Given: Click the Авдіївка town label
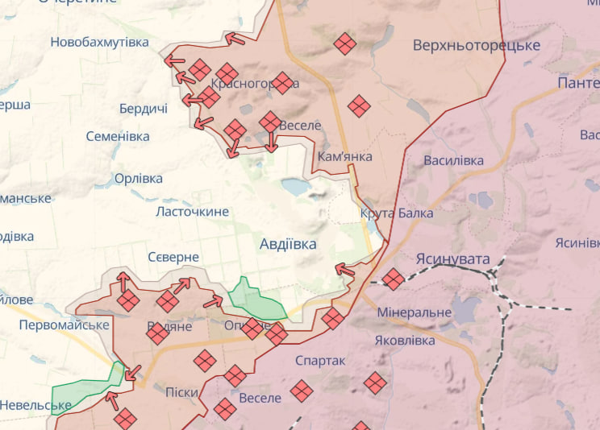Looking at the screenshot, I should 288,243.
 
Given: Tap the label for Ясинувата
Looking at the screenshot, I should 452,259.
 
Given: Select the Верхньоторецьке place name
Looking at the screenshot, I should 476,45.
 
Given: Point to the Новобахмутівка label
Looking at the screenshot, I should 99,42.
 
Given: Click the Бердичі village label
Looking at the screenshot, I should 143,109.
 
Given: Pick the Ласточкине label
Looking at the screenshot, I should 192,212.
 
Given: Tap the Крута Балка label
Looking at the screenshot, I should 397,213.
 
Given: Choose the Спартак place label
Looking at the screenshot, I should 320,361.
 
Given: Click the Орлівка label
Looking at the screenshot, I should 138,179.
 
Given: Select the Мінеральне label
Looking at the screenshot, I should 414,312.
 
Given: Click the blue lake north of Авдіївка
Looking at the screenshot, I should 295,187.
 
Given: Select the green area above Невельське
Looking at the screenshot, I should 85,389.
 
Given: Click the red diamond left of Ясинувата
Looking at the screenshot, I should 393,279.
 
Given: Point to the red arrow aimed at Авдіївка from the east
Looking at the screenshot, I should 344,270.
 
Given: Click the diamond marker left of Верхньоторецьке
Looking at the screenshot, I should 345,43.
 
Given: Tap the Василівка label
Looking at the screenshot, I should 454,161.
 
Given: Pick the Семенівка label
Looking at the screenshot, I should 118,137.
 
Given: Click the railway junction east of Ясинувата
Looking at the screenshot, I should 494,277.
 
